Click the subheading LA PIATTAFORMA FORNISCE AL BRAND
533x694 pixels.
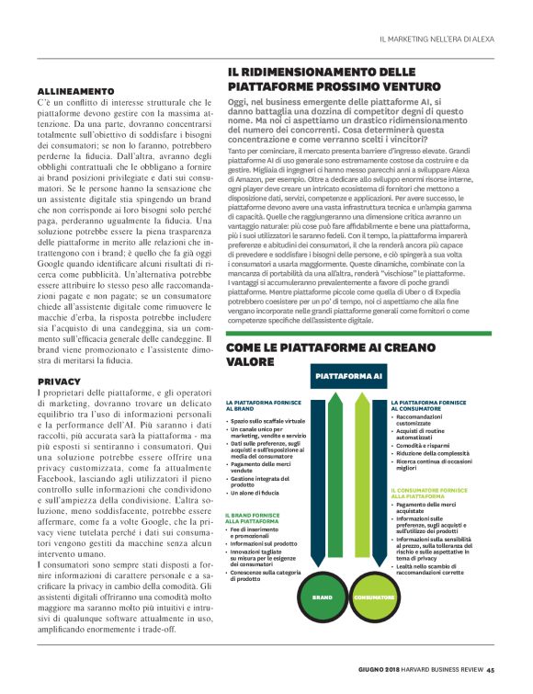pos(256,406)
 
